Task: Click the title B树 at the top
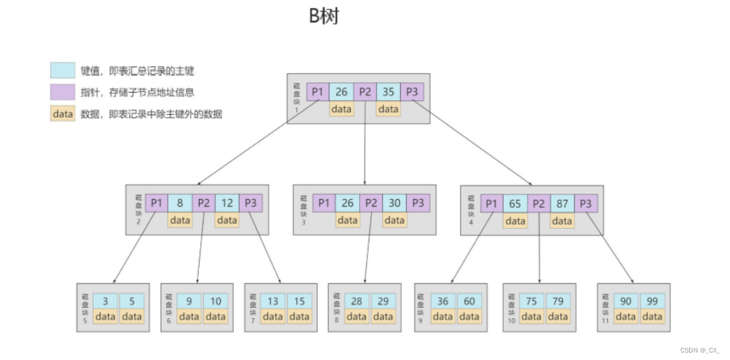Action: pyautogui.click(x=324, y=16)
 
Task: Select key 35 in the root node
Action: pyautogui.click(x=388, y=92)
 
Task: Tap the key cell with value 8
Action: pyautogui.click(x=180, y=202)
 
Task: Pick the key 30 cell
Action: pyautogui.click(x=394, y=202)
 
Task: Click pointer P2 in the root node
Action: pyautogui.click(x=365, y=92)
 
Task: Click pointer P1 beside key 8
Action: pyautogui.click(x=157, y=202)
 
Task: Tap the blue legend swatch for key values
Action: pyautogui.click(x=62, y=71)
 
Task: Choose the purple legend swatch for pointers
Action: pyautogui.click(x=62, y=92)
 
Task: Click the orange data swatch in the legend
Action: pyautogui.click(x=62, y=114)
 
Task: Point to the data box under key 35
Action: pyautogui.click(x=388, y=109)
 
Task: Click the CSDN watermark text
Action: pyautogui.click(x=699, y=350)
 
